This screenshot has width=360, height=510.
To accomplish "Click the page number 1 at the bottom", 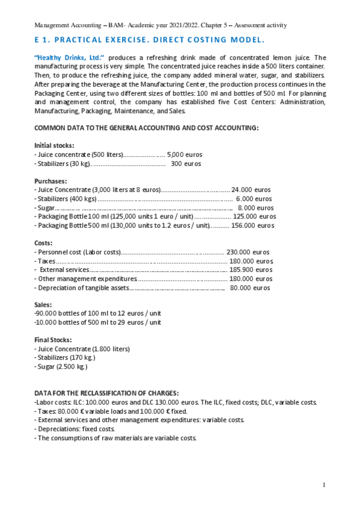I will [324, 485].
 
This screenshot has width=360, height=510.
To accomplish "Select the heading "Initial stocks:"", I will [55, 146].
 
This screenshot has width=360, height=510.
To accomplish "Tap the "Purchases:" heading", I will [50, 180].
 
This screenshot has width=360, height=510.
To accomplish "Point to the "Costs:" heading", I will [44, 243].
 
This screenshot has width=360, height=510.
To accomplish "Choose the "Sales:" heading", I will [44, 305].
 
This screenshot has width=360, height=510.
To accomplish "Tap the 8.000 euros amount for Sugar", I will [255, 207].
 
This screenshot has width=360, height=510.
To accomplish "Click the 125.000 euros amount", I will [254, 217].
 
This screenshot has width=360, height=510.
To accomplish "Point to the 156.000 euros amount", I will [252, 226].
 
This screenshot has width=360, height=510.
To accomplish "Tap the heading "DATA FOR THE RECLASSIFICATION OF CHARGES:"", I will [106, 393].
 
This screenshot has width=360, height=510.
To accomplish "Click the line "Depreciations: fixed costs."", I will [76, 429].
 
